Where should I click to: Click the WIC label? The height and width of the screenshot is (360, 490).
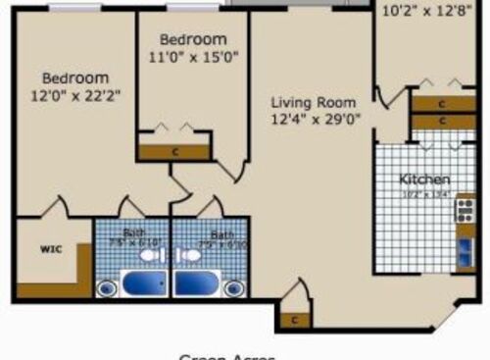51,249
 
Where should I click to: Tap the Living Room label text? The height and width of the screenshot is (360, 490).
314,102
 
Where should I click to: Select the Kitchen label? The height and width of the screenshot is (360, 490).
424,180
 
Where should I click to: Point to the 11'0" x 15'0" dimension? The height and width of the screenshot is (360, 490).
193,57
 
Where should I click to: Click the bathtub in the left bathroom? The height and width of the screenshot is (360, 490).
144,285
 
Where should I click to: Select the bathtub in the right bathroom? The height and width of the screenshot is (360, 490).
198,285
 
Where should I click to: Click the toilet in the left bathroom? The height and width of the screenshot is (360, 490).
148,255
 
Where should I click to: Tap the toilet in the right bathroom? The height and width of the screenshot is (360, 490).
192,255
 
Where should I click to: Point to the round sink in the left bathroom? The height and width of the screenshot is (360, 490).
106,288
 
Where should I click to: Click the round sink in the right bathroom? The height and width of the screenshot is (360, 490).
233,288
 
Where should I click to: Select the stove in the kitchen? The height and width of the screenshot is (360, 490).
465,210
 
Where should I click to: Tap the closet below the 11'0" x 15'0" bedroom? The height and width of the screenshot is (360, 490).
173,152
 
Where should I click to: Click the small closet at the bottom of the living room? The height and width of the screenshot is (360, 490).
293,319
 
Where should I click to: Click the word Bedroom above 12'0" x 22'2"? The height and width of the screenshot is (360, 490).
75,77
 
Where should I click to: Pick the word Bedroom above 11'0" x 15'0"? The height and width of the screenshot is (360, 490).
193,39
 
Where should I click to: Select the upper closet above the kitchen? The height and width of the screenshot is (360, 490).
442,103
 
